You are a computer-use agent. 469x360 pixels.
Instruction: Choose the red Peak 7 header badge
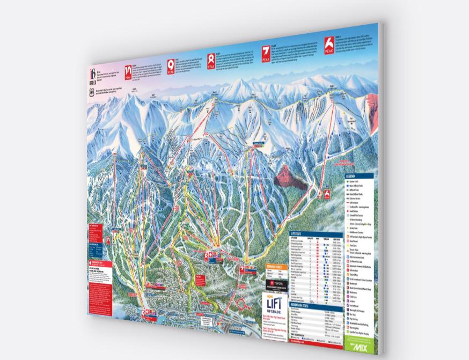[x=265, y=51]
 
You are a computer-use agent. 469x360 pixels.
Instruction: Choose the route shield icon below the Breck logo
[x=92, y=92]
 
